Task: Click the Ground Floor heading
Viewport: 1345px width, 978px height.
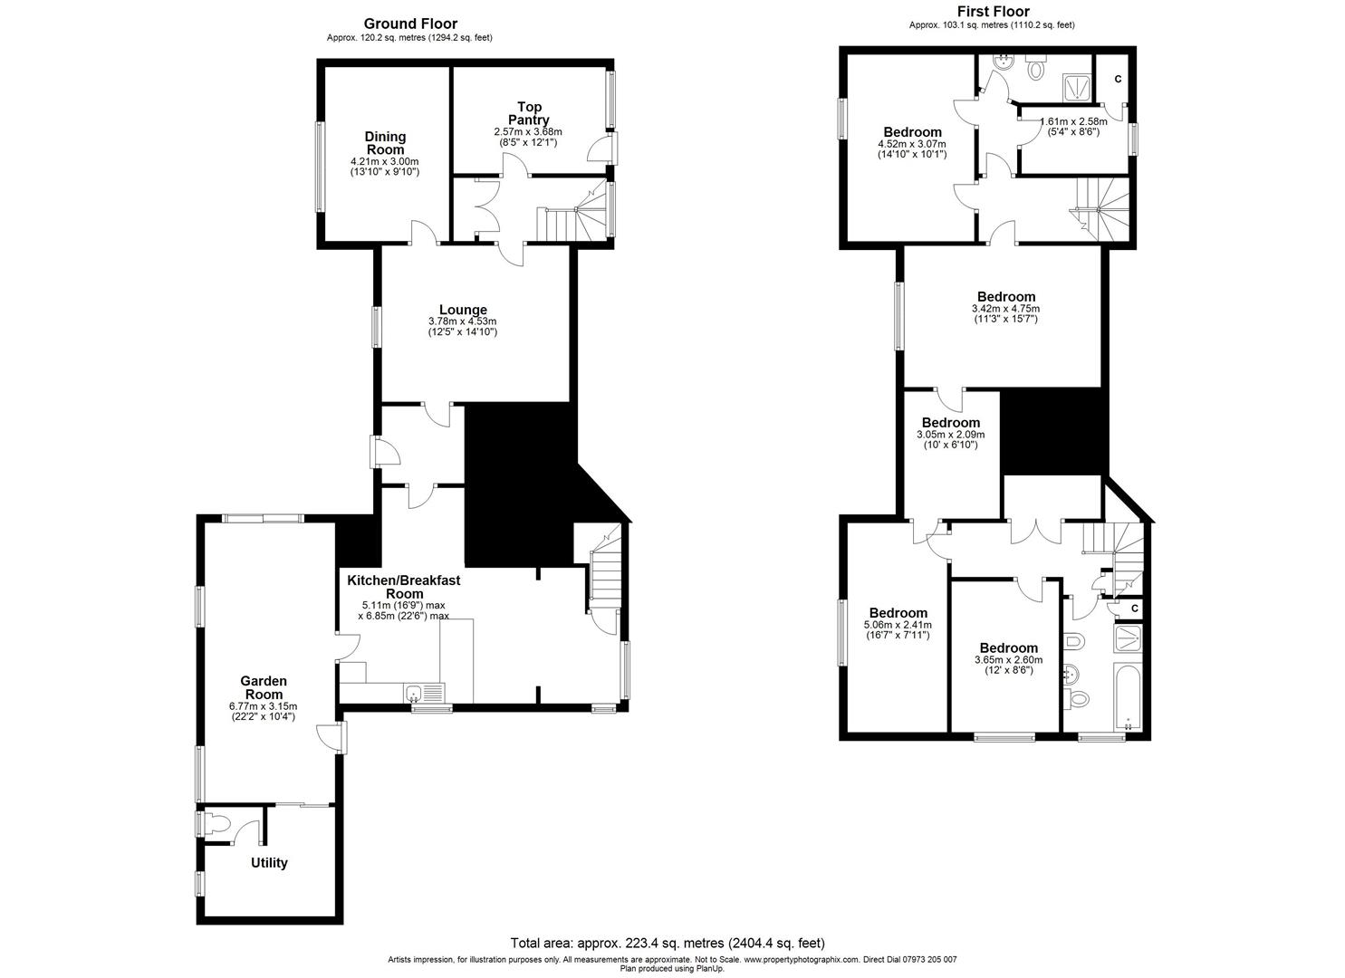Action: [x=410, y=24]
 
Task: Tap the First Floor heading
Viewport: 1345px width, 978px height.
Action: [x=992, y=12]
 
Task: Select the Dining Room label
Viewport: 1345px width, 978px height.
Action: [x=386, y=143]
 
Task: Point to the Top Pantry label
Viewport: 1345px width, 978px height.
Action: [x=529, y=113]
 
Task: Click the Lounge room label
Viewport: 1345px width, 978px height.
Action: [x=463, y=310]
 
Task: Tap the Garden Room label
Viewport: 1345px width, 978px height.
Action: [x=264, y=687]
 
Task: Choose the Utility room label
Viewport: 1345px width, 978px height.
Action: [x=269, y=863]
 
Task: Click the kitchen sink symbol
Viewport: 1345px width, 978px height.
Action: [x=415, y=695]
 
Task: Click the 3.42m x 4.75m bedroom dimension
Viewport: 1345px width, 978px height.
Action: [x=1005, y=308]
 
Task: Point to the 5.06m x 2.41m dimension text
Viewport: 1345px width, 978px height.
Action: [x=898, y=625]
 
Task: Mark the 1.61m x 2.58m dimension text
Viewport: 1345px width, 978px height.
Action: [x=1074, y=121]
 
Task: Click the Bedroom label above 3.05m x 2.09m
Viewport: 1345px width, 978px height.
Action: [x=950, y=423]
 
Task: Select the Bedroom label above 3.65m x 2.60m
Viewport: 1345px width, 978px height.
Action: [x=1008, y=648]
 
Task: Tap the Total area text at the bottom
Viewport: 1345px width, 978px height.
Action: [x=668, y=943]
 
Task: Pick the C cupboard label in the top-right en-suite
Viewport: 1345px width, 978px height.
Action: [x=1118, y=80]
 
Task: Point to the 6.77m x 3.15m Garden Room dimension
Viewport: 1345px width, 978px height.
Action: [x=264, y=706]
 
